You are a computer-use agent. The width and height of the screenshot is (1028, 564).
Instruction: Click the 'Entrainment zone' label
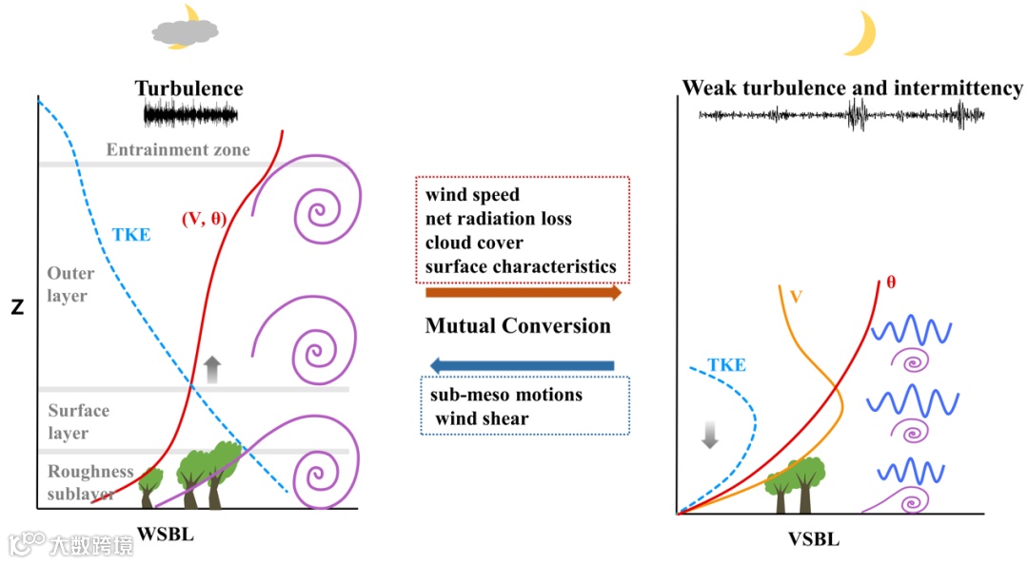[x=178, y=149]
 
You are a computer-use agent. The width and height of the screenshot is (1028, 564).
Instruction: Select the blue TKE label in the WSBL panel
[x=130, y=234]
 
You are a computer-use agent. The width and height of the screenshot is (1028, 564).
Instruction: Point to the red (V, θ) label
[x=203, y=219]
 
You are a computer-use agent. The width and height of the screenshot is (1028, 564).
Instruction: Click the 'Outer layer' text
[x=70, y=284]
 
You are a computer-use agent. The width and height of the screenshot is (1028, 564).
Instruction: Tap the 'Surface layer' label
[x=78, y=421]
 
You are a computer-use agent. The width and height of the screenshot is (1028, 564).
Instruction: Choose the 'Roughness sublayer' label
[x=90, y=482]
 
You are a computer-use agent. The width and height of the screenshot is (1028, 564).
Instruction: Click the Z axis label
[x=16, y=307]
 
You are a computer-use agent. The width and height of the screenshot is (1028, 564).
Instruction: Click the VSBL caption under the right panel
[x=814, y=539]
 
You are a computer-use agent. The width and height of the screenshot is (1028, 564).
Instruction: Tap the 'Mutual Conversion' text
[x=517, y=326]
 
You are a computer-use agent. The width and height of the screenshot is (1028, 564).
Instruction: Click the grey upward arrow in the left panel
[x=212, y=367]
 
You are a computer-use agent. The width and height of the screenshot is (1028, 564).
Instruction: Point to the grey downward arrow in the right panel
[x=709, y=434]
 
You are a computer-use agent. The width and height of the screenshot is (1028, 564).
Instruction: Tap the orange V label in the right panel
[x=797, y=295]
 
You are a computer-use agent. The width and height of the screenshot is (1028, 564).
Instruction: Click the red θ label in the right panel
[x=891, y=282]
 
